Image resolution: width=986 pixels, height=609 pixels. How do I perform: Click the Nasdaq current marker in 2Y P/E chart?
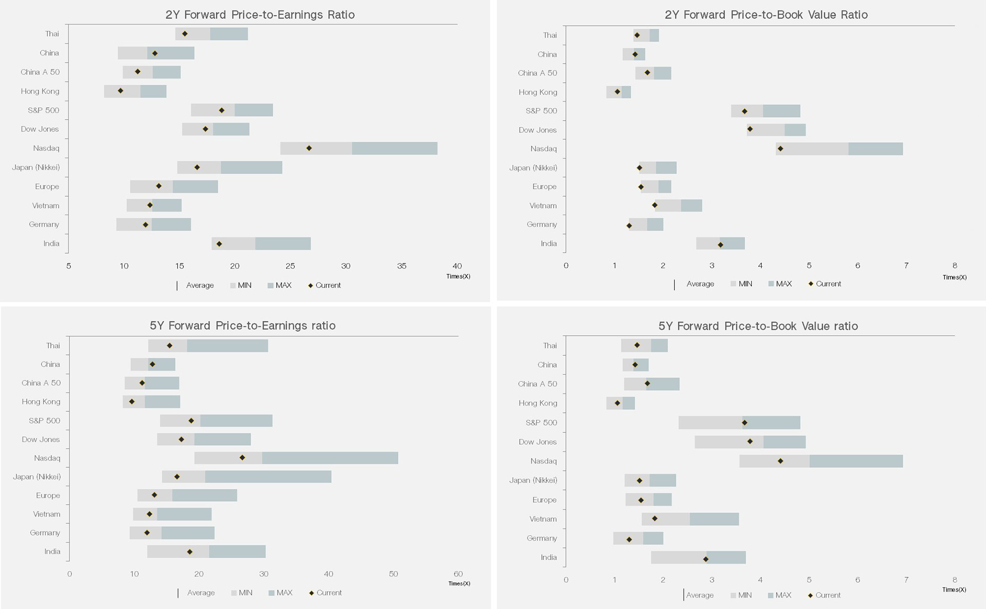pyautogui.click(x=309, y=148)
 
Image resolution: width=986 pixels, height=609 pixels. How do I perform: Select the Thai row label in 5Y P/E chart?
pyautogui.click(x=53, y=346)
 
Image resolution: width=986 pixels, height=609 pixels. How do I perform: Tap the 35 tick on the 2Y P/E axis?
pyautogui.click(x=402, y=266)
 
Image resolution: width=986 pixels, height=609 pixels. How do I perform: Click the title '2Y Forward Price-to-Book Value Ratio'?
pyautogui.click(x=766, y=15)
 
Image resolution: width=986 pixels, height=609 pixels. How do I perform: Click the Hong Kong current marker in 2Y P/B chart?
pyautogui.click(x=617, y=92)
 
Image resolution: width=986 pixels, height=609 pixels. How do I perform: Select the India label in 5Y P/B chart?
pyautogui.click(x=548, y=558)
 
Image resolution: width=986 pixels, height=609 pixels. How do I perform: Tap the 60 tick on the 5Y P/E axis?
pyautogui.click(x=458, y=574)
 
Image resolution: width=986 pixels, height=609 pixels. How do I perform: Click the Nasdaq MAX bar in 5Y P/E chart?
pyautogui.click(x=330, y=458)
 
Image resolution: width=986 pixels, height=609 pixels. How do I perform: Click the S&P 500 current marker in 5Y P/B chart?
pyautogui.click(x=745, y=423)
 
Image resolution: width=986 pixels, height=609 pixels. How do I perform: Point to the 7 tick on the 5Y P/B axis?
pyautogui.click(x=906, y=580)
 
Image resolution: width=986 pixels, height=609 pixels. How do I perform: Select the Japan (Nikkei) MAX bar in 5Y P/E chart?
pyautogui.click(x=268, y=477)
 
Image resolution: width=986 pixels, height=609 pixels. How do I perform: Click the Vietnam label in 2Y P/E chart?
pyautogui.click(x=46, y=205)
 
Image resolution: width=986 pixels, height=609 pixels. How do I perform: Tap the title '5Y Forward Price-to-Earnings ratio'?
pyautogui.click(x=242, y=326)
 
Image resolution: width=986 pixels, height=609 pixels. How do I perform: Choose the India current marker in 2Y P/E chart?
pyautogui.click(x=219, y=244)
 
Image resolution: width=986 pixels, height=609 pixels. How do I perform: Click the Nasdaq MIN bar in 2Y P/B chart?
pyautogui.click(x=812, y=149)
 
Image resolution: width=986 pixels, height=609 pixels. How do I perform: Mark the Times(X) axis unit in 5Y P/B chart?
pyautogui.click(x=954, y=589)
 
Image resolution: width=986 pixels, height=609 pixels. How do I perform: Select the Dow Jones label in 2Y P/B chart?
pyautogui.click(x=537, y=130)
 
